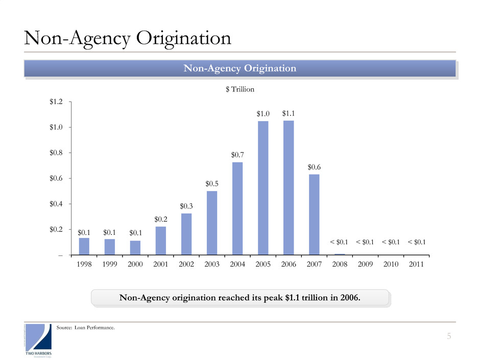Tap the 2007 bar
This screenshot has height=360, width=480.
click(x=314, y=214)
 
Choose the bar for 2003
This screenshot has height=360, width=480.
click(x=212, y=223)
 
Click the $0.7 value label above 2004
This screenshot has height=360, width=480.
click(x=237, y=154)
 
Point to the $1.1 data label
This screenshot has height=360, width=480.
click(x=289, y=113)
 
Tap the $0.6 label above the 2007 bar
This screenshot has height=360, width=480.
click(x=315, y=166)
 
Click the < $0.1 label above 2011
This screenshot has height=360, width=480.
click(x=417, y=242)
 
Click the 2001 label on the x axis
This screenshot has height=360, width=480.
click(x=160, y=265)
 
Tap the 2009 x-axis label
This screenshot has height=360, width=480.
click(x=366, y=265)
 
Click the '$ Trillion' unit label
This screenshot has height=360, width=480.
click(x=239, y=89)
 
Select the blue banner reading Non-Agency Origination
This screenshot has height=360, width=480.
click(x=239, y=68)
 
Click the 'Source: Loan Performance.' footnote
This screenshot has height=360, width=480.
click(x=84, y=327)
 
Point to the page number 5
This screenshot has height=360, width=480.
click(x=449, y=336)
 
